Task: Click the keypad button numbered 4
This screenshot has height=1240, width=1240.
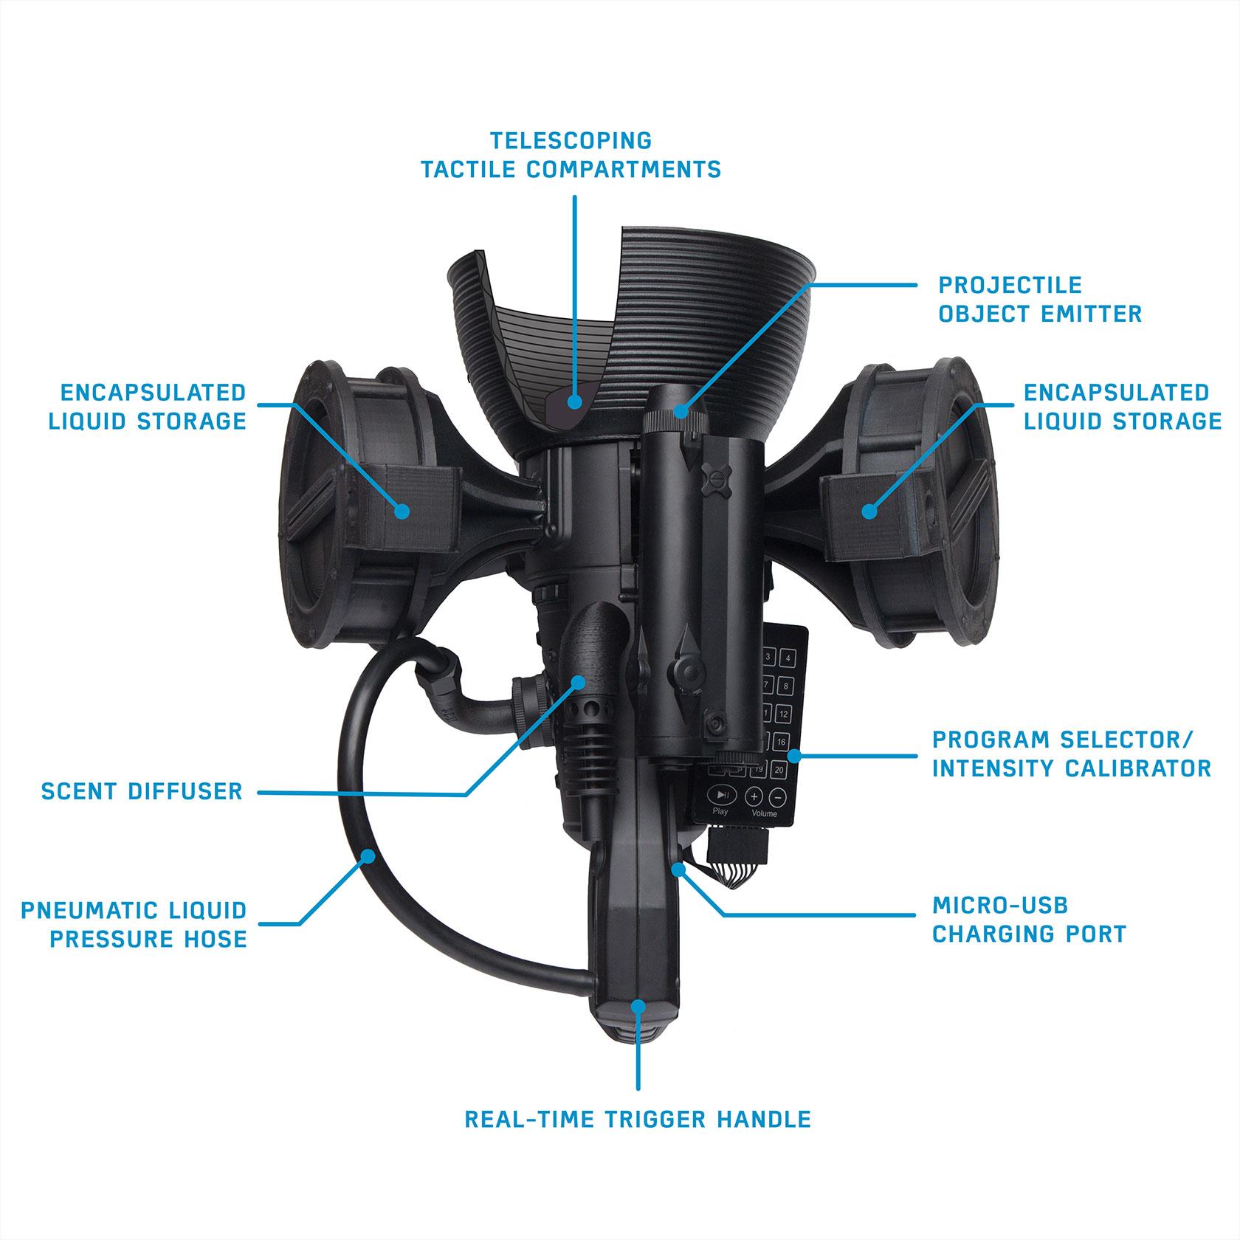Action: coord(788,658)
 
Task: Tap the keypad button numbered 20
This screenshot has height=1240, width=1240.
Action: coord(779,770)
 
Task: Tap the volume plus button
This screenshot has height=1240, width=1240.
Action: coord(754,796)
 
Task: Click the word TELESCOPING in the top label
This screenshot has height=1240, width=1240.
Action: coord(571,140)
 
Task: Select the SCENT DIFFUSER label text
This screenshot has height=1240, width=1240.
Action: coord(142,792)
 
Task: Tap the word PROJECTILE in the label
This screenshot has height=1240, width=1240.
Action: coord(1010,285)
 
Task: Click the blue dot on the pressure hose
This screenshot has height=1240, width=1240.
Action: coord(367,855)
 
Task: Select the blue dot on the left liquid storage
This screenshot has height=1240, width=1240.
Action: coord(402,510)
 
